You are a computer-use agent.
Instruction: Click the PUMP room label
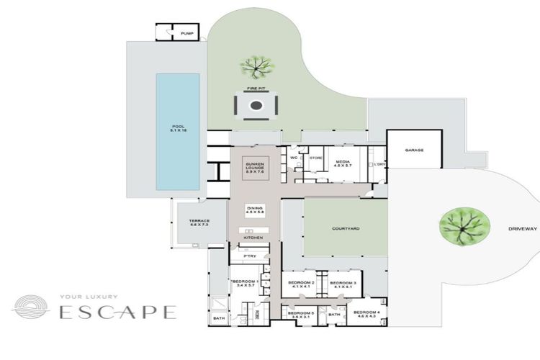pyautogui.click(x=187, y=34)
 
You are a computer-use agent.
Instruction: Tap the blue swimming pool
pyautogui.click(x=178, y=132)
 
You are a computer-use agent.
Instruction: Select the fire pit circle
pyautogui.click(x=256, y=106)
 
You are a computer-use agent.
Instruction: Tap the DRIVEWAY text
pyautogui.click(x=523, y=228)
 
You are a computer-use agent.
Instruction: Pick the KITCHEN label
pyautogui.click(x=253, y=238)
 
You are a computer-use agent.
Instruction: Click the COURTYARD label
pyautogui.click(x=345, y=228)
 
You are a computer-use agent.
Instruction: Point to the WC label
pyautogui.click(x=294, y=158)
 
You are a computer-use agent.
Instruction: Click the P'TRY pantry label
pyautogui.click(x=251, y=256)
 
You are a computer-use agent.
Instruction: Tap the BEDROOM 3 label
pyautogui.click(x=343, y=284)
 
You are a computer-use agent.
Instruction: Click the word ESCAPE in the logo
pyautogui.click(x=117, y=312)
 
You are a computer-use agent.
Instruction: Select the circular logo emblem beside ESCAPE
pyautogui.click(x=30, y=307)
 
